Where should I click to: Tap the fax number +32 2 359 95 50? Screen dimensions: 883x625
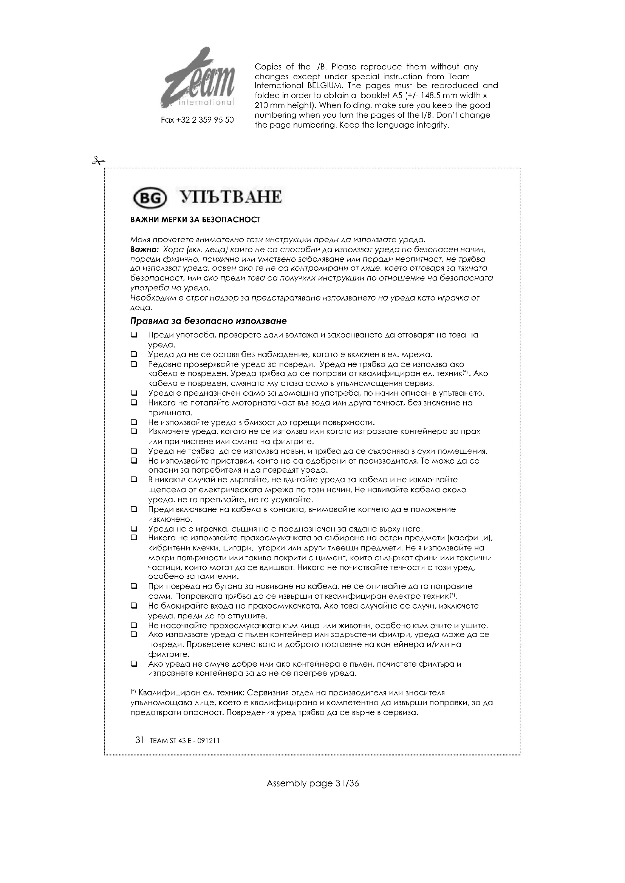tap(197, 120)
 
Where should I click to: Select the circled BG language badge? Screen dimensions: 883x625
tap(149, 198)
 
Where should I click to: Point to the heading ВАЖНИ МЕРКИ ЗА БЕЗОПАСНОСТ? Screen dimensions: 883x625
tap(195, 220)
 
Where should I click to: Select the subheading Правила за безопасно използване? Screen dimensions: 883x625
tap(209, 321)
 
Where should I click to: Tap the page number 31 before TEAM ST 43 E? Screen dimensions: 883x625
tap(140, 740)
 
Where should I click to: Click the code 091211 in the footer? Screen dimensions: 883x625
tap(208, 741)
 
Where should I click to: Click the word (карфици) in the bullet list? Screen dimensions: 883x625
tap(470, 538)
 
